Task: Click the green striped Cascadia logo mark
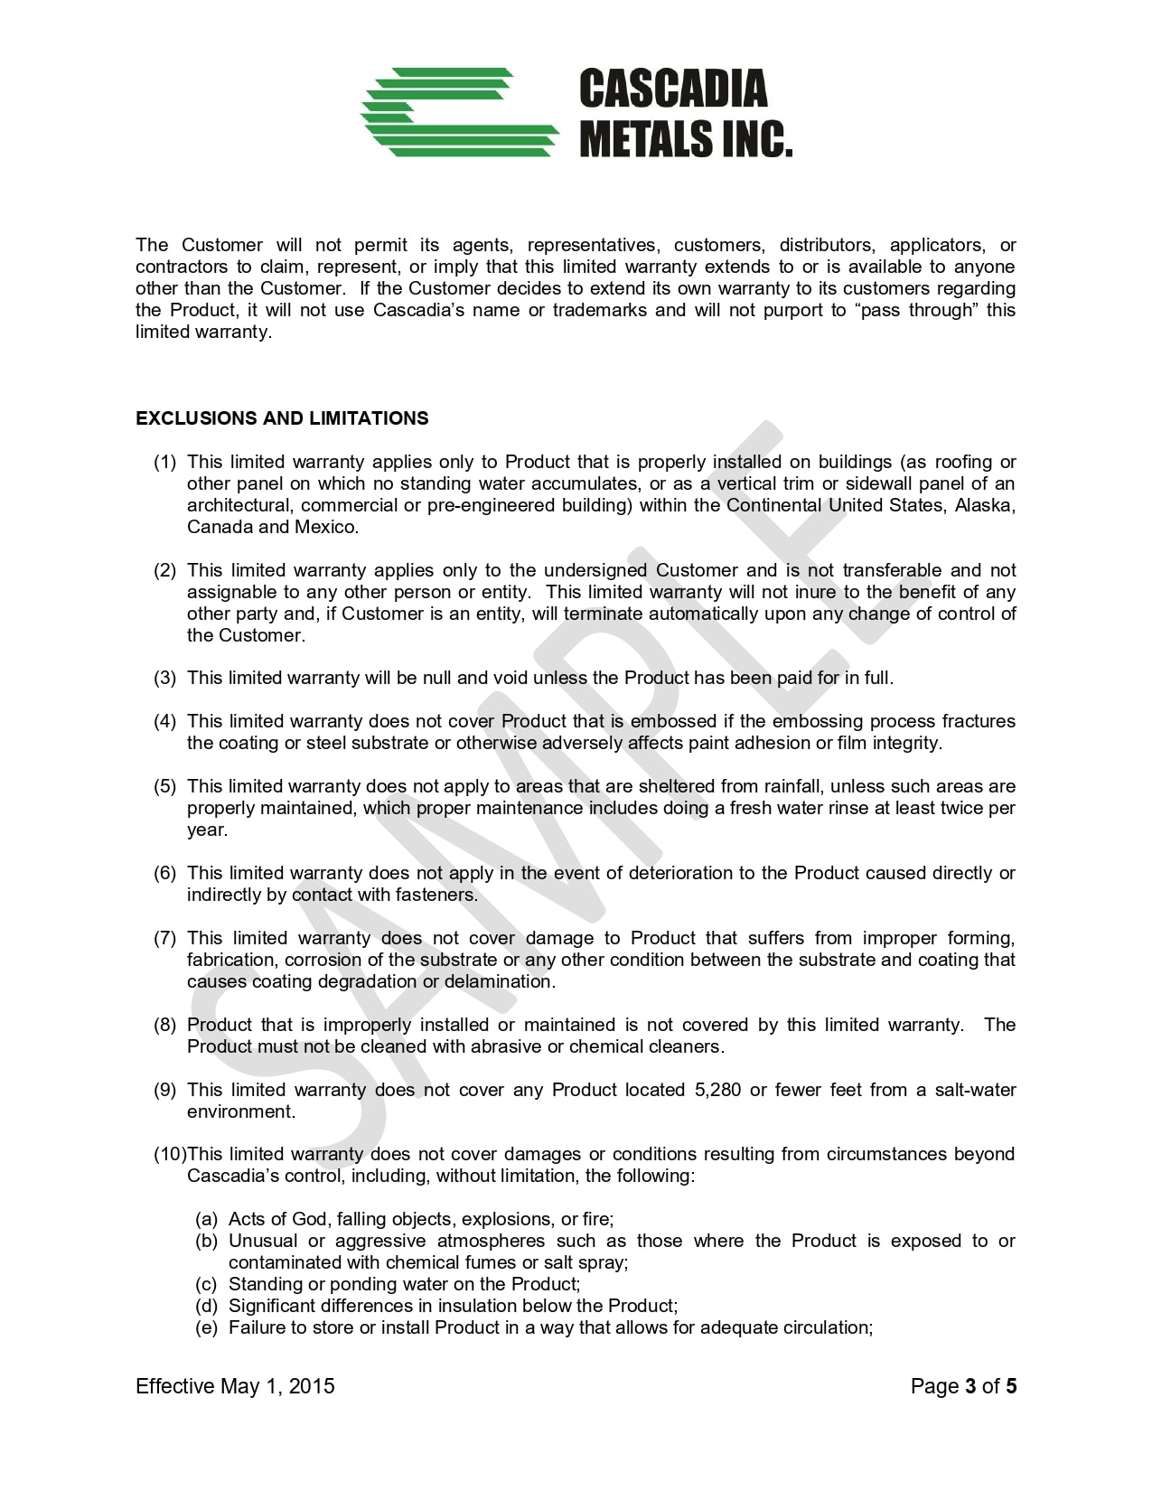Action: tap(459, 112)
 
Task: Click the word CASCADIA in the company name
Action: tap(672, 89)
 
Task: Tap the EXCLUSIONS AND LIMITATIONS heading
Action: tap(282, 418)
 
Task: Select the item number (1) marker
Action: tap(164, 463)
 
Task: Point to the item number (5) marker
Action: tap(164, 787)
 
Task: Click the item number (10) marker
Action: tap(169, 1155)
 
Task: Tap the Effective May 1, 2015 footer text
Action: tap(235, 1386)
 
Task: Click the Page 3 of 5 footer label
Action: tap(963, 1386)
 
